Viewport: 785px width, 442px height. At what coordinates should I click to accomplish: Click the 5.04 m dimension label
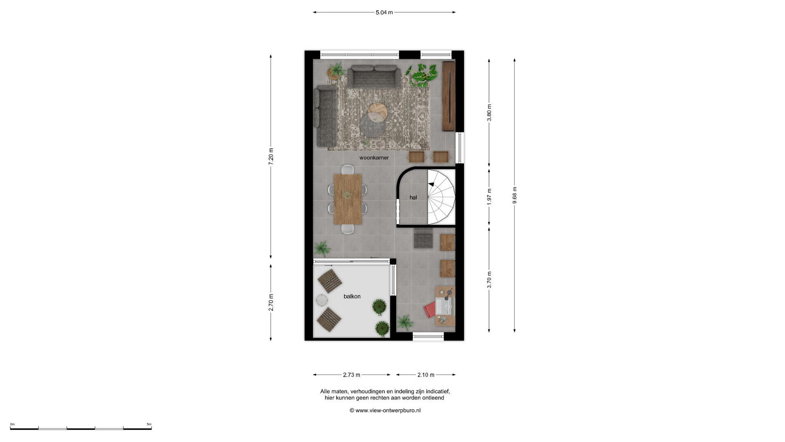click(384, 12)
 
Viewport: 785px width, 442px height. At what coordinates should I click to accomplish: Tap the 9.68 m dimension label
click(514, 195)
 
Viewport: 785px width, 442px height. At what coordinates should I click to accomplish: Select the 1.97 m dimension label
click(489, 196)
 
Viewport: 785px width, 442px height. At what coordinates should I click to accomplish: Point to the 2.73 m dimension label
click(352, 374)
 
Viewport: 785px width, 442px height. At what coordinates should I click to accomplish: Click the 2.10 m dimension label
click(426, 374)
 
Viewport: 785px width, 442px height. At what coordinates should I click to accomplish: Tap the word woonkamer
click(374, 158)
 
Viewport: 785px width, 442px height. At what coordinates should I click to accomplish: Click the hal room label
click(413, 197)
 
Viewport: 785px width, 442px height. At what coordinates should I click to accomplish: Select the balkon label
click(352, 296)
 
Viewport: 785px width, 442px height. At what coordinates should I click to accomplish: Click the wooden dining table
click(348, 199)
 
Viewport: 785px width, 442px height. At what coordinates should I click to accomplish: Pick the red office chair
click(430, 310)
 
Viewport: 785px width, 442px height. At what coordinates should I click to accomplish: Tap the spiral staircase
click(441, 197)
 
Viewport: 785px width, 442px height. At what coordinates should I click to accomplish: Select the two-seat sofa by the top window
click(374, 76)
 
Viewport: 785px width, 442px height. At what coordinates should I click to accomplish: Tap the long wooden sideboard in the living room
click(449, 96)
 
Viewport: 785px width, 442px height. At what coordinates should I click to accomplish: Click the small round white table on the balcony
click(323, 300)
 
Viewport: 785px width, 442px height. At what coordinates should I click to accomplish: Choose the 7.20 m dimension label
click(271, 156)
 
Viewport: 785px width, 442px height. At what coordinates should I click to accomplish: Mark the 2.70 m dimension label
click(271, 302)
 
